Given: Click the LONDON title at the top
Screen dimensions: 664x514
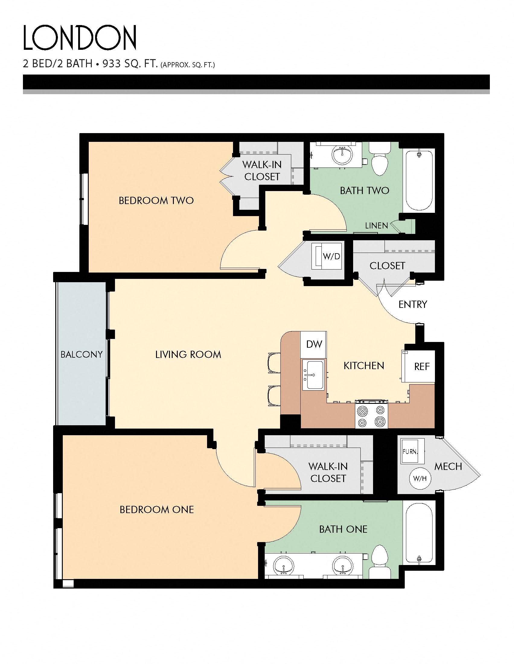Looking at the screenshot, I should coord(80,38).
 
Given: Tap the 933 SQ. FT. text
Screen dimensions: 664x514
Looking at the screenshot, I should coord(130,64).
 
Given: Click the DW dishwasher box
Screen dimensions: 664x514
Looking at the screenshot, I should coord(314,344).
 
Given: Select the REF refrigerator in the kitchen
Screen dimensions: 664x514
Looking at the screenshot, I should coord(421,367).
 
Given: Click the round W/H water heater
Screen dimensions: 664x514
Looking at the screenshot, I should coord(420,479).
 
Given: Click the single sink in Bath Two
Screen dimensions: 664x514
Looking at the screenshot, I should coord(343,154).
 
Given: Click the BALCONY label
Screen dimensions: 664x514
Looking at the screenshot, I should coord(81,355).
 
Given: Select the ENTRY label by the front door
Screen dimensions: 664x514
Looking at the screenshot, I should coord(413,304).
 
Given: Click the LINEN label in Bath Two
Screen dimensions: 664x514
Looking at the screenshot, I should coord(376,225).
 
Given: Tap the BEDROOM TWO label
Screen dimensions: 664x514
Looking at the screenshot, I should coord(156,201).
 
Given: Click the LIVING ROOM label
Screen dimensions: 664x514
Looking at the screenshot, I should coord(188,355).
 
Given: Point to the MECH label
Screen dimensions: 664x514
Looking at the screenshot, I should coord(448,466).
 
